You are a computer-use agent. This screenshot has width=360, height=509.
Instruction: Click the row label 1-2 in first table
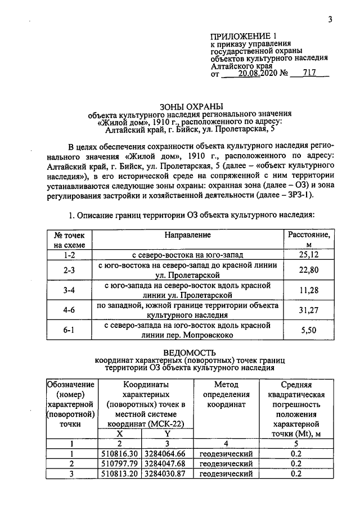(x=70, y=255)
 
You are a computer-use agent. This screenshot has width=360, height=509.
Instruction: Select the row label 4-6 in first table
(x=70, y=309)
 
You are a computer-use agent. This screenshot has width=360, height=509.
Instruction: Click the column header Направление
(x=188, y=234)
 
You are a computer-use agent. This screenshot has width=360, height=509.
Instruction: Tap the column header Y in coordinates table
(x=166, y=434)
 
